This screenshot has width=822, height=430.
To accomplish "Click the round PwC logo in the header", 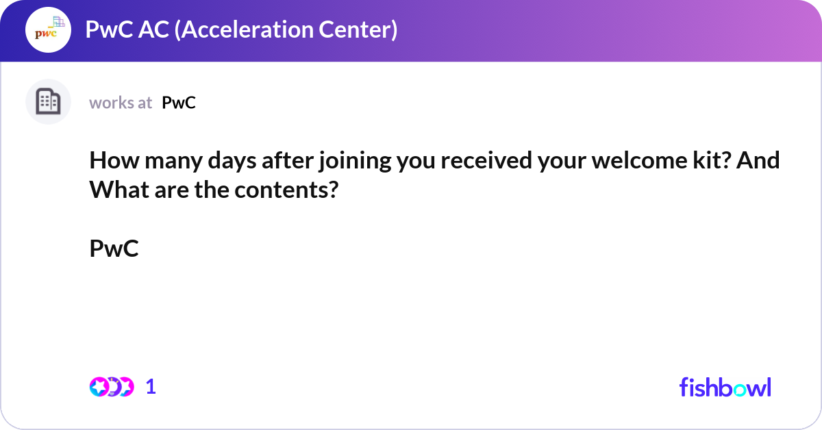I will coord(48,30).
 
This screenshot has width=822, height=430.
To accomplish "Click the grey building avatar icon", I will coord(48,102).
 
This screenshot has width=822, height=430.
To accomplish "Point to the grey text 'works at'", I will coord(121,103).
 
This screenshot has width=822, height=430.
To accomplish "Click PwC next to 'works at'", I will coord(179,103).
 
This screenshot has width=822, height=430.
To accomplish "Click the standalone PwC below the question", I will coord(114,249).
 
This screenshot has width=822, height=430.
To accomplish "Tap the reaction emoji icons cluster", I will coord(111,387).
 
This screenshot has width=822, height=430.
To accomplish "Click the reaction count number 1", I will coord(151,387).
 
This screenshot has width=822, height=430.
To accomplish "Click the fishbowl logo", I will coord(725,387).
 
